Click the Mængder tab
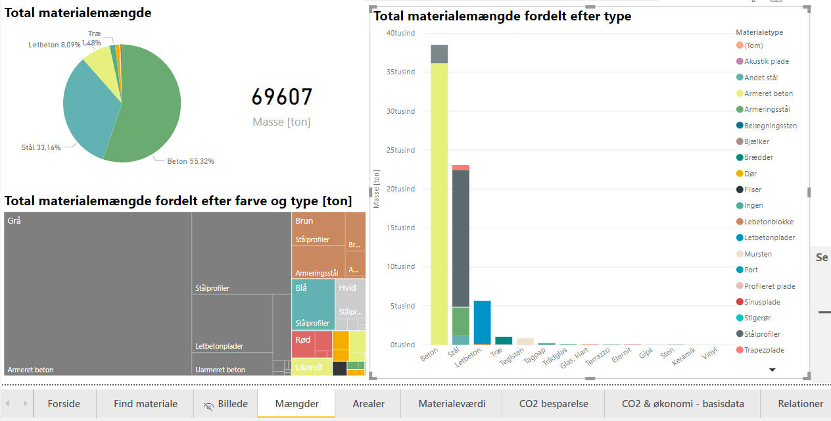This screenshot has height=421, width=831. pos(297,404)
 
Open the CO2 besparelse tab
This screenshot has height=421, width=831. pos(553,404)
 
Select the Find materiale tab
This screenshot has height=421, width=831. pos(145,404)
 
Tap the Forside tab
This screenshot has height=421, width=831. pos(64,404)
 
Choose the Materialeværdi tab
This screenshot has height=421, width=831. pos(452,404)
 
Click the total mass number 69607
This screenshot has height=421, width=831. pos(282,97)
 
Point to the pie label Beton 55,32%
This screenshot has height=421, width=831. pos(190,161)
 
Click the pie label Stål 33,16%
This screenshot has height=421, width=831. pos(41,147)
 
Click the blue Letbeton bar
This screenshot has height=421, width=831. pos(482,322)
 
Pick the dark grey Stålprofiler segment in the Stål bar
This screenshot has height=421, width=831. pos(460,237)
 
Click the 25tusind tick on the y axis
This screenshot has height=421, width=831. pos(400,150)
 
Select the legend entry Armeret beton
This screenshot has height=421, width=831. pos(768,93)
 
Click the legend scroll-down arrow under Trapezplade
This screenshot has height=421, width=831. pos(772,370)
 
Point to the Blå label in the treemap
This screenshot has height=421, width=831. pos(301,287)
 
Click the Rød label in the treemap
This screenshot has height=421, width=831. pos(303,340)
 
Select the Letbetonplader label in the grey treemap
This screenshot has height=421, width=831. pos(219,346)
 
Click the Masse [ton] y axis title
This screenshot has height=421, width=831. pos(377,189)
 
